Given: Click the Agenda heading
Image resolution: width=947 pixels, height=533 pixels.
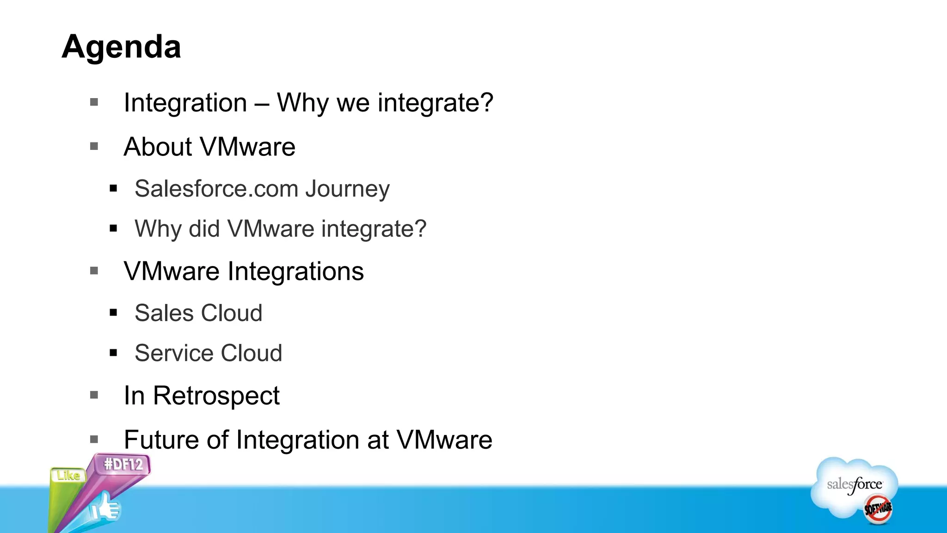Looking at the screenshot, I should tap(121, 47).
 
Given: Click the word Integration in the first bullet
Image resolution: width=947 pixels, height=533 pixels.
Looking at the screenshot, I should tap(185, 102).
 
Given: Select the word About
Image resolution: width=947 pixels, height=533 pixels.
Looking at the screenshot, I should tap(158, 147).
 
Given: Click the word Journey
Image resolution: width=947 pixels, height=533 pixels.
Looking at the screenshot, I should tap(347, 189).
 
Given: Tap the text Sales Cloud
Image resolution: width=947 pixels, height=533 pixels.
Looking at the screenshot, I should tap(198, 313).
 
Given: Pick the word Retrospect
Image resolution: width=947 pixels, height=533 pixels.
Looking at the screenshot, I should tap(216, 396).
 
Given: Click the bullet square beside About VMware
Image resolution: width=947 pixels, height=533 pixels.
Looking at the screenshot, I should tap(94, 147).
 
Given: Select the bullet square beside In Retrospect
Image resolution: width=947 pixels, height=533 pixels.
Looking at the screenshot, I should tap(94, 395).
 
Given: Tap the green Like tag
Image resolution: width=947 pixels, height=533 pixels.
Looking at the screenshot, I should tap(68, 475).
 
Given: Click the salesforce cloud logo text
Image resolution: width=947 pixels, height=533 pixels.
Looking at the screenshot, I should tap(854, 484).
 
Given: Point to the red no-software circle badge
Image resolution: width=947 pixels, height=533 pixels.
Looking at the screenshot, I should tap(878, 508).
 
